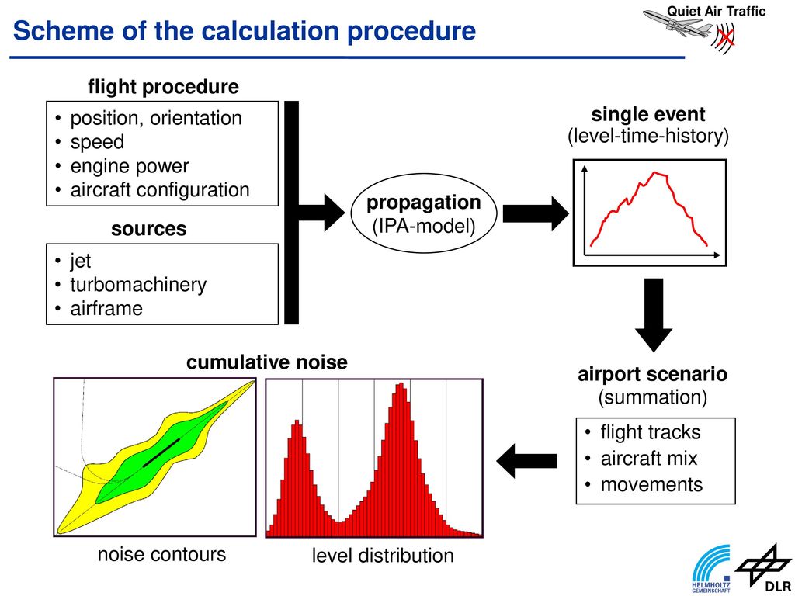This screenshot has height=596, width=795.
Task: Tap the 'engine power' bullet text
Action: (x=130, y=166)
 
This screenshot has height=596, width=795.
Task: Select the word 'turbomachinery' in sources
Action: (x=138, y=285)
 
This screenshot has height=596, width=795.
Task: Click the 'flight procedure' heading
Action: (x=163, y=87)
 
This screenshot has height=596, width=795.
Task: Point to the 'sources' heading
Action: (x=149, y=229)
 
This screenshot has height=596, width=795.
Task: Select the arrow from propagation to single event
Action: (x=536, y=213)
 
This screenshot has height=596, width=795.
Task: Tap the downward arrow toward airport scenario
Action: (x=654, y=315)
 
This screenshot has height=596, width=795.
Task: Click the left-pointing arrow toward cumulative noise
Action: (x=527, y=461)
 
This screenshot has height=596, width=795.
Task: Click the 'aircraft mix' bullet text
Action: (x=648, y=458)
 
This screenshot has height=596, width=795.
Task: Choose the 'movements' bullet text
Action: (x=651, y=484)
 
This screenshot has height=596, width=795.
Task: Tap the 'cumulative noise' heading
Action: (x=267, y=362)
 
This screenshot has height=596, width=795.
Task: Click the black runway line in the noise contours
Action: (x=161, y=452)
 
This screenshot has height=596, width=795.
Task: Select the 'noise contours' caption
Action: (x=161, y=554)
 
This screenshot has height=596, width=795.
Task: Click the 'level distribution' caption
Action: (x=383, y=556)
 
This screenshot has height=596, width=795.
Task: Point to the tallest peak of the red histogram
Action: (x=401, y=384)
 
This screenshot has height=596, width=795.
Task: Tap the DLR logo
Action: (x=764, y=568)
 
